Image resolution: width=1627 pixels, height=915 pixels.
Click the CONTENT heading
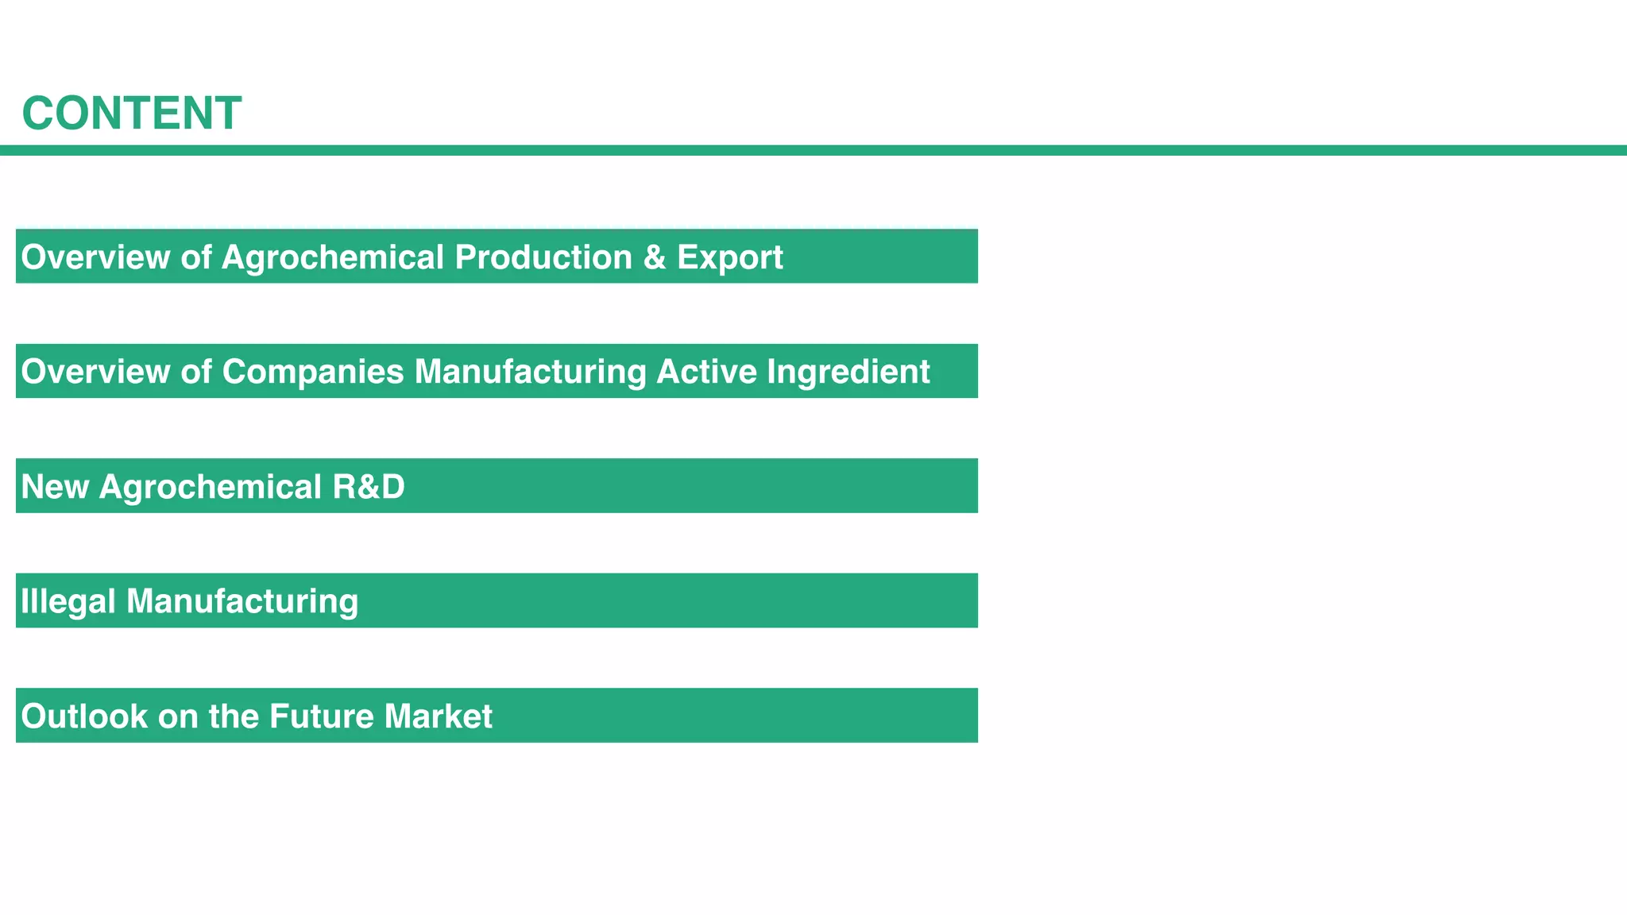pos(131,113)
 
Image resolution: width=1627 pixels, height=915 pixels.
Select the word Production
pos(543,257)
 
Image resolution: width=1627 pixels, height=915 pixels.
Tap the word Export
pos(729,257)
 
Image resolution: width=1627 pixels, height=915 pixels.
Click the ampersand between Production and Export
pos(655,257)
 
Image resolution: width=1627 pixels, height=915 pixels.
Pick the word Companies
pos(312,372)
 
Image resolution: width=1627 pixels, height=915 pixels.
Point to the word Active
pos(706,372)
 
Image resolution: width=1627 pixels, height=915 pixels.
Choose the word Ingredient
pos(848,372)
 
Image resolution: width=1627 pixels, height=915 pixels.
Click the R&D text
pos(369,487)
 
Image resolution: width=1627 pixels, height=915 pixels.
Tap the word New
pos(54,487)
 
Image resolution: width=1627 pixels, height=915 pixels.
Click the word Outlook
pos(83,716)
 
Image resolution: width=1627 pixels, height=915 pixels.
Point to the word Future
pos(321,716)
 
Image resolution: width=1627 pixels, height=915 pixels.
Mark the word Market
pos(438,716)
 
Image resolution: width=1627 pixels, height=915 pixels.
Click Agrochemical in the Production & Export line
pos(332,257)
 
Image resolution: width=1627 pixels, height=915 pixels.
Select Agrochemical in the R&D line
pos(210,487)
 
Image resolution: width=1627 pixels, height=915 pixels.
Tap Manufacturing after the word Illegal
pos(242,601)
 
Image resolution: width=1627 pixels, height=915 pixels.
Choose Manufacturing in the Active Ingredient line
pos(530,372)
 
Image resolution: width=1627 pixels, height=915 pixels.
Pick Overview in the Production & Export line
pos(95,257)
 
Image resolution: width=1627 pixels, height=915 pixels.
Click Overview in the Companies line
pos(95,372)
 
